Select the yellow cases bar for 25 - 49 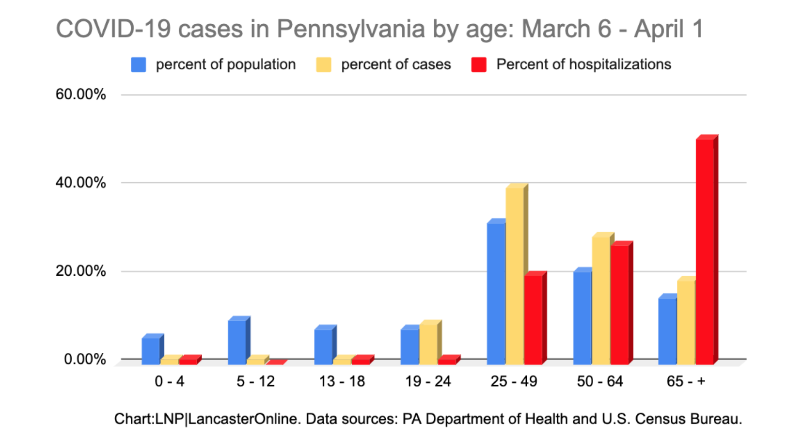(x=515, y=276)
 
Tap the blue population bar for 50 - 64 (x=582, y=317)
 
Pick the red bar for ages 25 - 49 (x=533, y=319)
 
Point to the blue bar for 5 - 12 (x=237, y=342)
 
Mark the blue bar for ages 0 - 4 (x=151, y=351)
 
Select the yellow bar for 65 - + (x=686, y=322)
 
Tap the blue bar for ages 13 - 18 (x=323, y=346)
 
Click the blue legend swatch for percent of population (x=139, y=65)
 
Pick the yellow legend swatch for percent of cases (x=324, y=65)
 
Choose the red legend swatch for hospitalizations (x=479, y=65)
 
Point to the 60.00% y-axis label (x=80, y=94)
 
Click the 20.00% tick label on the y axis (x=80, y=271)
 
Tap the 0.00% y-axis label (x=85, y=359)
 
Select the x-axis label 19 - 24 (x=428, y=381)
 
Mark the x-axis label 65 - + (x=686, y=381)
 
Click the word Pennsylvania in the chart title (x=351, y=29)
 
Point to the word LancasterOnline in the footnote (x=243, y=419)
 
